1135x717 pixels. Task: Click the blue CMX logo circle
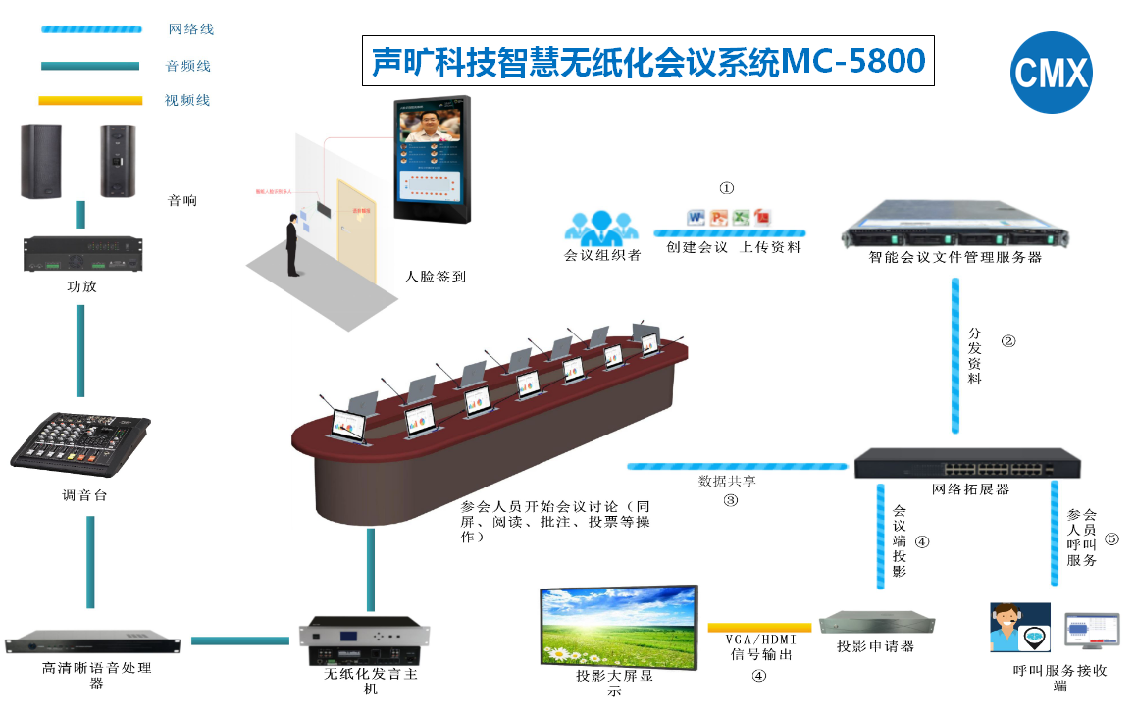click(1051, 73)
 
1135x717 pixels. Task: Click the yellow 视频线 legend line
click(89, 100)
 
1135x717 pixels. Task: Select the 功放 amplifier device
click(82, 253)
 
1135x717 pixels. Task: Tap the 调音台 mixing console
click(81, 442)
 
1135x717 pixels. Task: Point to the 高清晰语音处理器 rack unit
click(93, 643)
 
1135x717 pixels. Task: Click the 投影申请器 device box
click(876, 623)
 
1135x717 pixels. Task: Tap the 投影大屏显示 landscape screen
click(618, 626)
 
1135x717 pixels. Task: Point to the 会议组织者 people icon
click(601, 227)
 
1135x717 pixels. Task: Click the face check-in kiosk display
click(433, 160)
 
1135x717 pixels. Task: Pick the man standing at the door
click(291, 246)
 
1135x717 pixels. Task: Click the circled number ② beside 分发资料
click(1007, 341)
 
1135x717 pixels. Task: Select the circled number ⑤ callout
click(1110, 538)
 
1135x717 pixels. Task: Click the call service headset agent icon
click(1019, 628)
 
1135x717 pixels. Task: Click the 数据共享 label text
click(726, 482)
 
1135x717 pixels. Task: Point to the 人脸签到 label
click(436, 277)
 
